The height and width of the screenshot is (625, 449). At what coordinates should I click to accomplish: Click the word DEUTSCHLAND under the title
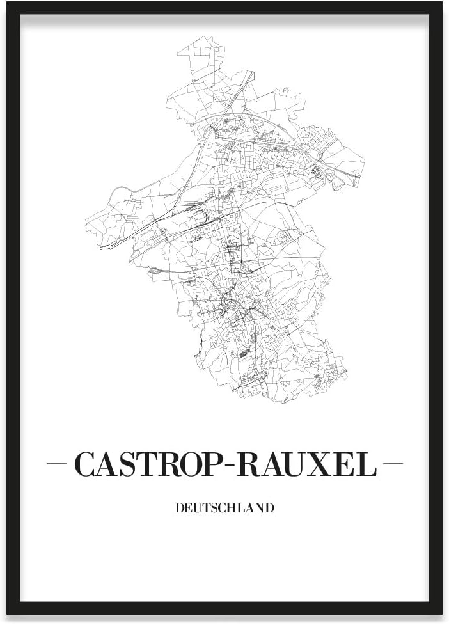point(224,509)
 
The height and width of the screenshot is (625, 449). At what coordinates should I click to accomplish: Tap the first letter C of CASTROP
point(85,465)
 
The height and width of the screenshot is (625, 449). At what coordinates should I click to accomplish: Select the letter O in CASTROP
point(194,465)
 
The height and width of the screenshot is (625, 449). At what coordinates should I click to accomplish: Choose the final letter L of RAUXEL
point(367,465)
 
